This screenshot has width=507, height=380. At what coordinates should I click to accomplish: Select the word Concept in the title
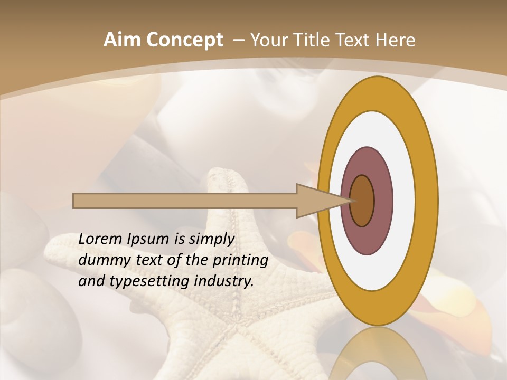point(185,41)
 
